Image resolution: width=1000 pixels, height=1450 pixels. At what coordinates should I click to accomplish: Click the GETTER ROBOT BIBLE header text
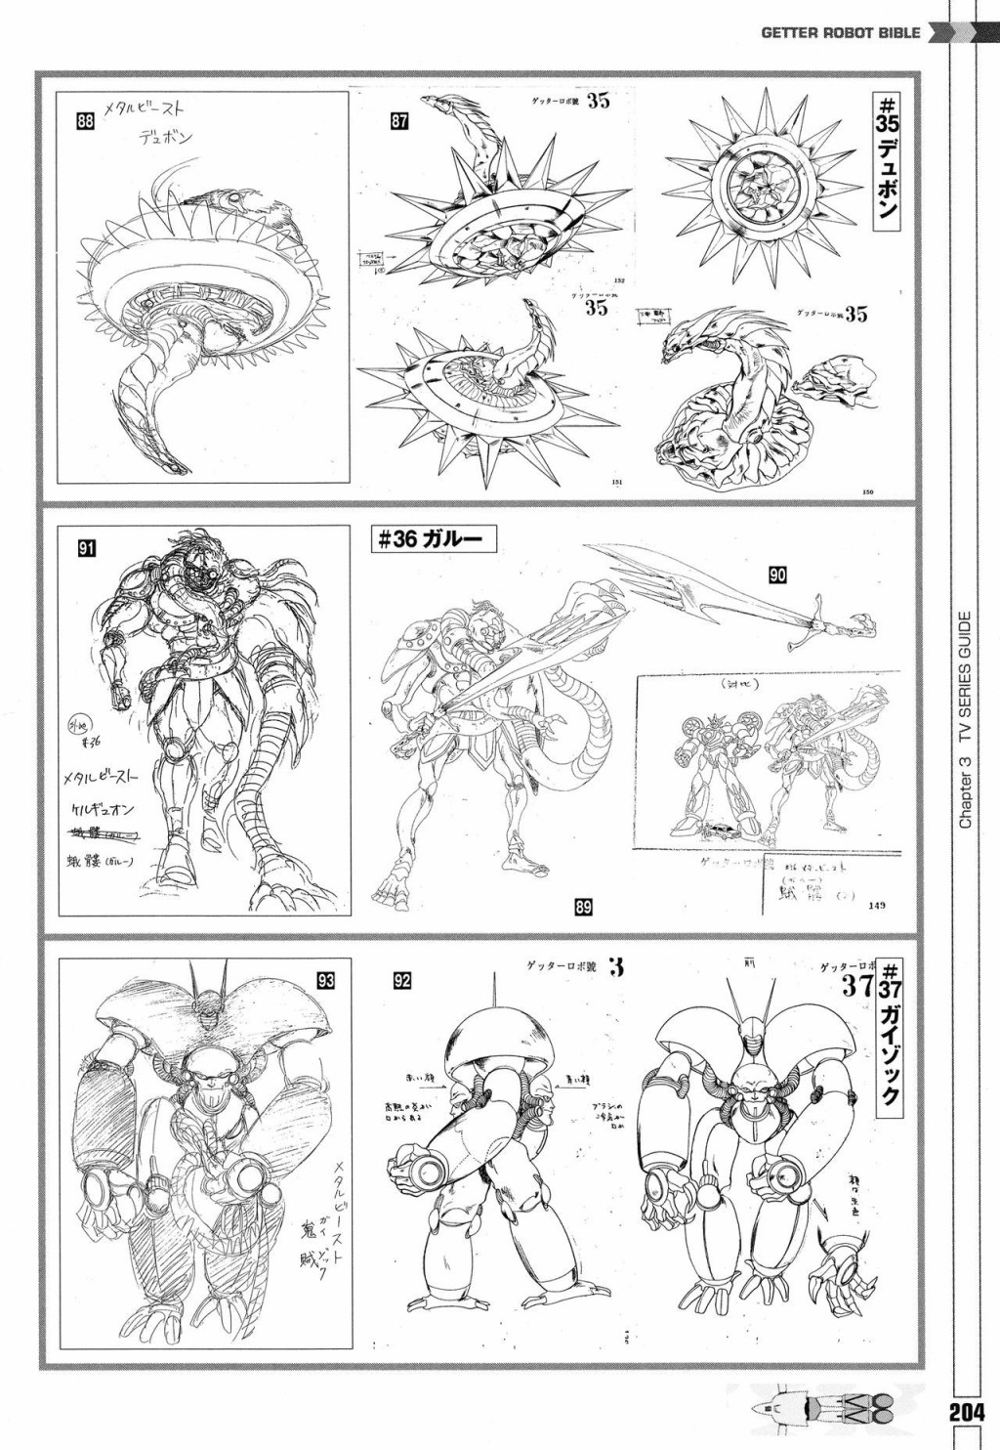tap(841, 32)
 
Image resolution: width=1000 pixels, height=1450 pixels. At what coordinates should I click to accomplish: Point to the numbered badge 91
tap(87, 548)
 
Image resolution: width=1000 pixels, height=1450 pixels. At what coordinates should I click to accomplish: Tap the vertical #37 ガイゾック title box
tap(890, 1036)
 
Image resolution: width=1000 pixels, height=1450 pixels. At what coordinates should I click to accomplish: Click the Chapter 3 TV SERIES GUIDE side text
tap(965, 719)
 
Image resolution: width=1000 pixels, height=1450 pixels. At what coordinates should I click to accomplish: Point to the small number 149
tap(875, 906)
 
